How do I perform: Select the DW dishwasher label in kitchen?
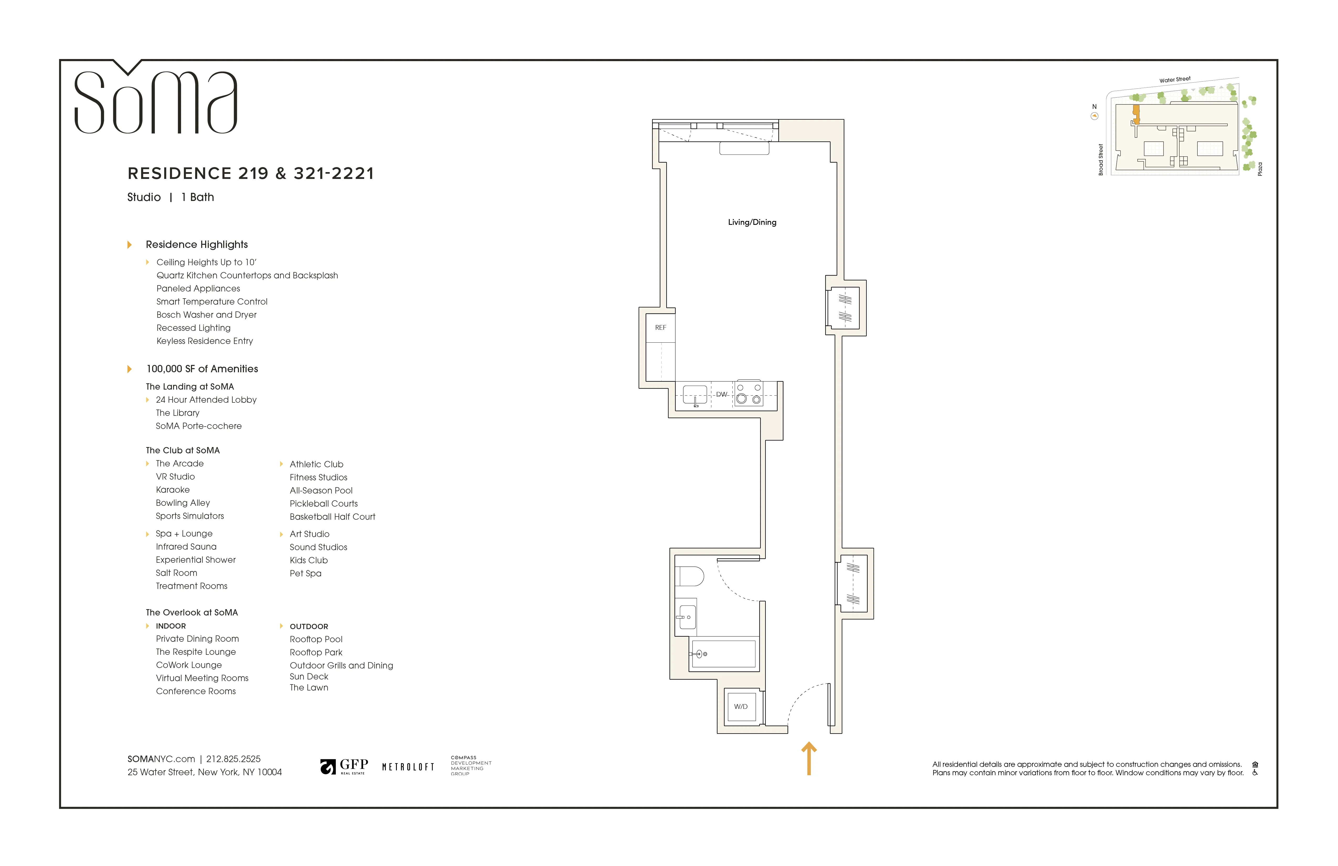click(721, 394)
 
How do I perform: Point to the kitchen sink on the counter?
click(695, 395)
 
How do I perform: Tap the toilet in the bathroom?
click(690, 576)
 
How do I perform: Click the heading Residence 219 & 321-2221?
click(251, 173)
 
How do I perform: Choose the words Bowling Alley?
click(183, 503)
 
